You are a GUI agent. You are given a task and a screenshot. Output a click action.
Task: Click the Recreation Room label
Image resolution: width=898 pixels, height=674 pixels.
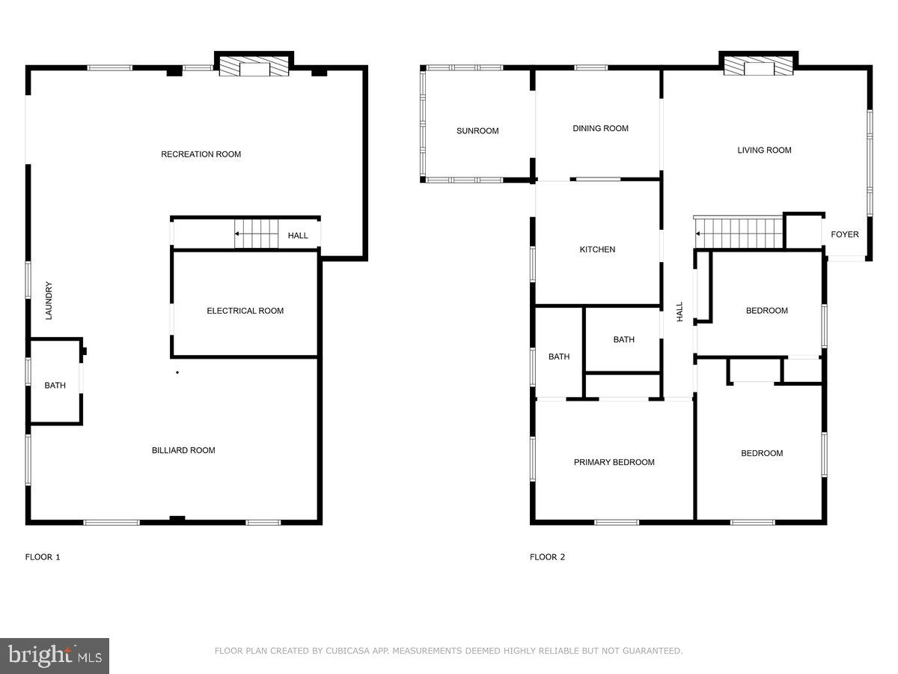(x=201, y=154)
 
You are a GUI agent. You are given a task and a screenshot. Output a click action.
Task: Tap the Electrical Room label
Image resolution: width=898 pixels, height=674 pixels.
(x=245, y=311)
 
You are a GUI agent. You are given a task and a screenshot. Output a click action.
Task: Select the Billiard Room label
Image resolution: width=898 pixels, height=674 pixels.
(x=183, y=450)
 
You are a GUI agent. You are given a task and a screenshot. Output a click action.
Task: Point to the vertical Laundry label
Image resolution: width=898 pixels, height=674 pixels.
(x=49, y=300)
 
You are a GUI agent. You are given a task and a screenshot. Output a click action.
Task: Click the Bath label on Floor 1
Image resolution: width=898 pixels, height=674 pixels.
(x=55, y=386)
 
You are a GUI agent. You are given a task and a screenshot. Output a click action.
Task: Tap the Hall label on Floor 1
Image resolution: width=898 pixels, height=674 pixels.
(x=298, y=236)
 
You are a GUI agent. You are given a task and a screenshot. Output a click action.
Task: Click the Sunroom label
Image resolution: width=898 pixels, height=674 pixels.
(x=477, y=131)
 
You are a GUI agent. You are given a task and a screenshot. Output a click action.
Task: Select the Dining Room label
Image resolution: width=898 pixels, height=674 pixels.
(x=600, y=128)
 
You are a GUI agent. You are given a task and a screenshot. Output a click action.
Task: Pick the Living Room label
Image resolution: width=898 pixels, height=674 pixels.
(x=764, y=150)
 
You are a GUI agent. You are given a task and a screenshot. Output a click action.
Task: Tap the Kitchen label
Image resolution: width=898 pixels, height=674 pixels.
(x=597, y=249)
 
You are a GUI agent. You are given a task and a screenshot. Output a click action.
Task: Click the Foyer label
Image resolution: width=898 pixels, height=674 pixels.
(x=845, y=234)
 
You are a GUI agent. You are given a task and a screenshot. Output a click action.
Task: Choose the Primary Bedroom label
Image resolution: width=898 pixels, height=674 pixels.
(x=614, y=462)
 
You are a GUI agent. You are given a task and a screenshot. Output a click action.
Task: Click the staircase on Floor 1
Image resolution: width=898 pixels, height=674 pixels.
(x=256, y=234)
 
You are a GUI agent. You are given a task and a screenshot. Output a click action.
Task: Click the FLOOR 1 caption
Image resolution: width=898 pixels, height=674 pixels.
(x=43, y=557)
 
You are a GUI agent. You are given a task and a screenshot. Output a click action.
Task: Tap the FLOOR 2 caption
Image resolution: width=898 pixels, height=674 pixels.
(x=547, y=557)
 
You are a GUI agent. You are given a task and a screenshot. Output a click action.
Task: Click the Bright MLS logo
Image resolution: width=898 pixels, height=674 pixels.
(x=55, y=655)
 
